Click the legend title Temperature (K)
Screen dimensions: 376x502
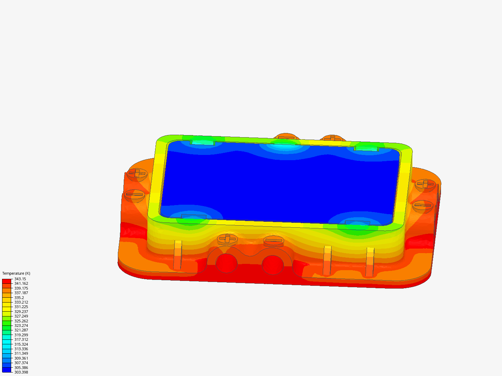pyautogui.click(x=16, y=273)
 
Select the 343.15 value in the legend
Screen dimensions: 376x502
pyautogui.click(x=20, y=279)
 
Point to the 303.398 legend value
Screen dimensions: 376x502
pyautogui.click(x=21, y=372)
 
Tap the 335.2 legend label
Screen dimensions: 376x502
pyautogui.click(x=19, y=298)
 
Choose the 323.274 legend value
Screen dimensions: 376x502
pyautogui.click(x=21, y=326)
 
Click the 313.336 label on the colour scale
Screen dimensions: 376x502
pyautogui.click(x=21, y=349)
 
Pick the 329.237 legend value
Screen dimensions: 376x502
pyautogui.click(x=21, y=312)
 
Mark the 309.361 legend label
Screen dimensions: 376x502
pyautogui.click(x=21, y=358)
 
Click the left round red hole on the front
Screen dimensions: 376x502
pyautogui.click(x=227, y=263)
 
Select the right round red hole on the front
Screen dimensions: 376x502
pyautogui.click(x=273, y=265)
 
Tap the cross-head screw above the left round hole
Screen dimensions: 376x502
pyautogui.click(x=228, y=238)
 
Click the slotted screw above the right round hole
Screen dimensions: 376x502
pyautogui.click(x=274, y=240)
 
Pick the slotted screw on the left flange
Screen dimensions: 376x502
pyautogui.click(x=135, y=195)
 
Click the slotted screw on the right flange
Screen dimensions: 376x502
pyautogui.click(x=423, y=206)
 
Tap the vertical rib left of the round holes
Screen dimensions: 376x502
pyautogui.click(x=178, y=255)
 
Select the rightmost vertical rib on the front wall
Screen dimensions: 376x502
pyautogui.click(x=370, y=262)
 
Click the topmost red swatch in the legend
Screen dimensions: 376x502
pyautogui.click(x=7, y=281)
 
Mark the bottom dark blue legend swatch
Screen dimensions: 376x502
pyautogui.click(x=7, y=370)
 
